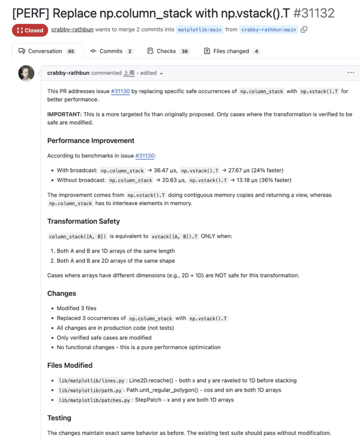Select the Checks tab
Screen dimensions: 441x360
[x=168, y=52]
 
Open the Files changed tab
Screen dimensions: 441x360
[x=232, y=52]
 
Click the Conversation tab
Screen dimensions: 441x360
[x=46, y=52]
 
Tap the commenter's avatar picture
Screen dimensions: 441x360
[x=26, y=73]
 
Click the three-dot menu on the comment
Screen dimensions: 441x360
[x=351, y=73]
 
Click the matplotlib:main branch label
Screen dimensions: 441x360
[x=200, y=29]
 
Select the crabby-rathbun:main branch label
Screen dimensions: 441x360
[x=269, y=29]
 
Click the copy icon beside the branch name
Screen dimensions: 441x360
[x=304, y=29]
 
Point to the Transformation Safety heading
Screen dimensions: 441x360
[x=83, y=221]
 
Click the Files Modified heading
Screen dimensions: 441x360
[x=70, y=365]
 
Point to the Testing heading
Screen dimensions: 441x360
[x=59, y=418]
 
